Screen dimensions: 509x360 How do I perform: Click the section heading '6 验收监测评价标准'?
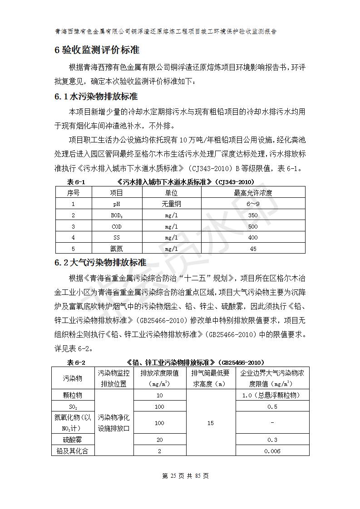(x=97, y=50)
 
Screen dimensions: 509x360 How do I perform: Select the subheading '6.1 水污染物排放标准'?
(x=96, y=97)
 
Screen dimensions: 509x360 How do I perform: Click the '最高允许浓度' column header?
(x=253, y=193)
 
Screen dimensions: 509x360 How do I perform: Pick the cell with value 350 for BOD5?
(x=253, y=215)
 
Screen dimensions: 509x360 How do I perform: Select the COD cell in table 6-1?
(x=117, y=226)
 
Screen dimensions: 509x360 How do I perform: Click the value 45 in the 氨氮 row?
(x=253, y=249)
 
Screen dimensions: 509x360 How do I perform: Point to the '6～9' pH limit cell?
(x=253, y=204)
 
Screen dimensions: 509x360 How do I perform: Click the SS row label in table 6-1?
(x=117, y=237)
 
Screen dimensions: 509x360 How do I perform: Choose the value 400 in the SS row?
(x=253, y=237)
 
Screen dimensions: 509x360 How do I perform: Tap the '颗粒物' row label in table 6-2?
(x=73, y=395)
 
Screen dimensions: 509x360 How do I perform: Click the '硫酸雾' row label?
(x=73, y=440)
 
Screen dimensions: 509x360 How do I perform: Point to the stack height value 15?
(x=210, y=423)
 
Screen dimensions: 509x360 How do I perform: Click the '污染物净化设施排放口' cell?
(x=114, y=423)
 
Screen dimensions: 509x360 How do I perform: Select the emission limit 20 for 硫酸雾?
(x=159, y=440)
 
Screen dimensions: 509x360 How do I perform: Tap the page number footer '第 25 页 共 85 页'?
(x=180, y=476)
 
